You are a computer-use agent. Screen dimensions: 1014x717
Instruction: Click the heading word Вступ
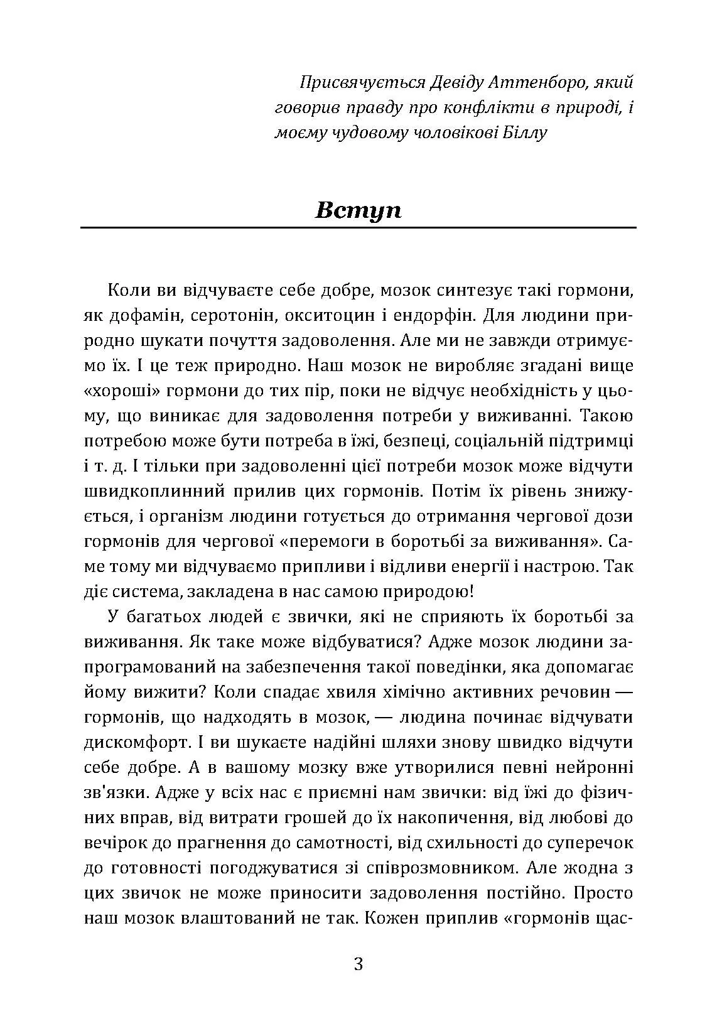click(x=358, y=210)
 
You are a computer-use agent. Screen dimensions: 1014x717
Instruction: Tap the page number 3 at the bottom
click(x=358, y=964)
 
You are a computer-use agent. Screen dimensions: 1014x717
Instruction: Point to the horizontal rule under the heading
click(x=358, y=227)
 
